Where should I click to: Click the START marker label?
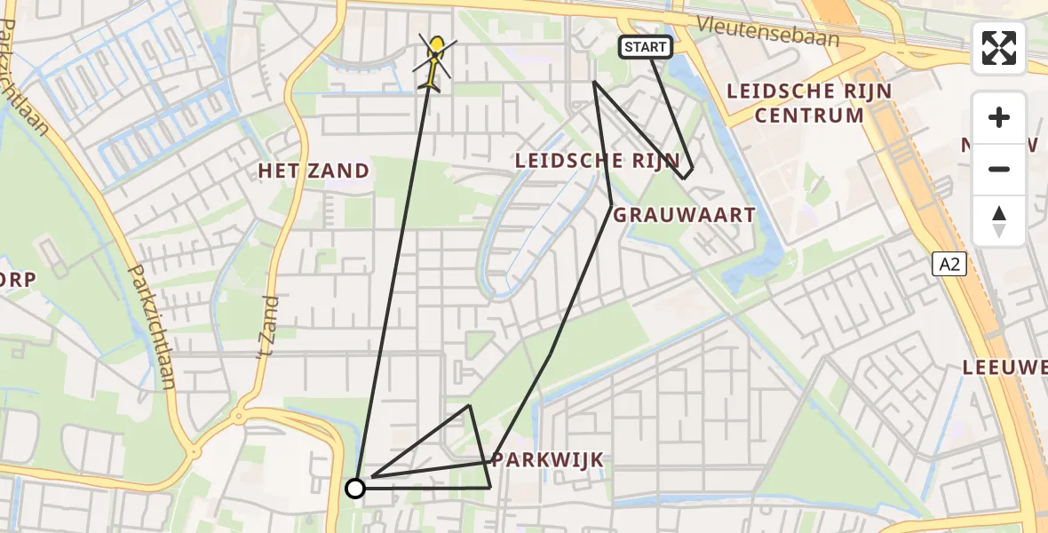coord(645,47)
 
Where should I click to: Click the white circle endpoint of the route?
coord(355,488)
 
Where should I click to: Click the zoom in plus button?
coord(999,117)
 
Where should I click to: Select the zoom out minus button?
coord(999,169)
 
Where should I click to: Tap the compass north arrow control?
coord(999,219)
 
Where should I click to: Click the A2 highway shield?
coord(949,263)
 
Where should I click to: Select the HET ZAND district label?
coord(314,171)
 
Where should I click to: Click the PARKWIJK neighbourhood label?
coord(548,459)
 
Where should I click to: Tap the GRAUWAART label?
coord(685,215)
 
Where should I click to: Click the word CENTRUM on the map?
coord(808,115)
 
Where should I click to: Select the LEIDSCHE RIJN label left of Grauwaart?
coord(598,161)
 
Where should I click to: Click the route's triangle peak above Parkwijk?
coord(469,406)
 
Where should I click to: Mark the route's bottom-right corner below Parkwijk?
coord(489,488)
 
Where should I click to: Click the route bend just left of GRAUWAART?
coord(611,206)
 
